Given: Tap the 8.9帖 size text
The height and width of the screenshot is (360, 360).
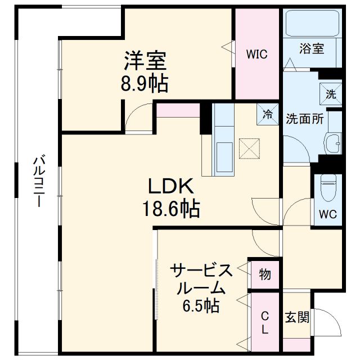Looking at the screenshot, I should [x=145, y=84].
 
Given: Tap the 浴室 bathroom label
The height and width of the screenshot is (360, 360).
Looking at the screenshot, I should [x=312, y=48].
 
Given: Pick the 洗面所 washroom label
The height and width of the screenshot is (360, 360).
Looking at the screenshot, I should [x=304, y=119].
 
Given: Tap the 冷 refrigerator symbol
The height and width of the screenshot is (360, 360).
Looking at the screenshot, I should [x=267, y=115].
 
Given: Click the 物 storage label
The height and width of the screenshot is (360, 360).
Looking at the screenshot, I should [x=264, y=274].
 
